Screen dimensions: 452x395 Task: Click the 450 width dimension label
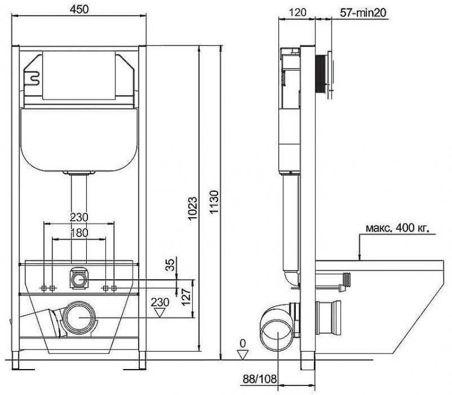click(79, 10)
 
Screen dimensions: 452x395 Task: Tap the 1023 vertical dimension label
click(193, 208)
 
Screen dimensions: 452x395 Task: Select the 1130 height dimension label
click(214, 201)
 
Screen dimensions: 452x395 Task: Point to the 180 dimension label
click(80, 233)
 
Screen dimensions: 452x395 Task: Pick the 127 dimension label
click(186, 297)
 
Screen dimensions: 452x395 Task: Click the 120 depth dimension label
click(298, 12)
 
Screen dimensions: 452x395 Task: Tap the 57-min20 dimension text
click(363, 13)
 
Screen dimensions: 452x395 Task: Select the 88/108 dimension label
click(259, 379)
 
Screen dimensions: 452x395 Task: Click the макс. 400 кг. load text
click(398, 228)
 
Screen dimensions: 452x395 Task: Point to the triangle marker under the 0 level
click(242, 355)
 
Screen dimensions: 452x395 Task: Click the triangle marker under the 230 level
click(160, 313)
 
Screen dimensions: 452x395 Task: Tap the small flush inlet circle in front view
click(79, 280)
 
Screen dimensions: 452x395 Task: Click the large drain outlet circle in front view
click(80, 318)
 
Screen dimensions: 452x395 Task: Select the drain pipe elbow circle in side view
click(277, 335)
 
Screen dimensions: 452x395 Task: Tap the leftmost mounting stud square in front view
click(44, 288)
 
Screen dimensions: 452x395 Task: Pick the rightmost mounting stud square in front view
click(114, 288)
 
